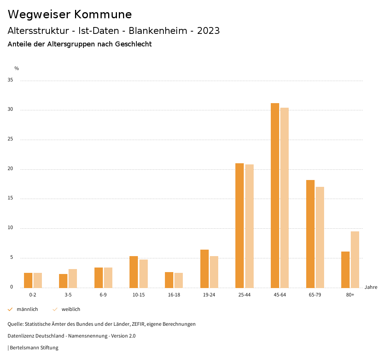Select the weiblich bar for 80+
click(x=355, y=260)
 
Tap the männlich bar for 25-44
click(x=240, y=225)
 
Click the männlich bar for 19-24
click(x=205, y=269)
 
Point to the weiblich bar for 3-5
click(x=73, y=279)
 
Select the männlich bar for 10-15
click(x=134, y=272)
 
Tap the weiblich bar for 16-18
click(x=179, y=280)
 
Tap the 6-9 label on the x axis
click(x=103, y=295)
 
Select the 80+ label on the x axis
click(x=350, y=295)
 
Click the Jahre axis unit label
click(x=371, y=287)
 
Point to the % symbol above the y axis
click(x=16, y=68)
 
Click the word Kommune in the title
click(x=103, y=14)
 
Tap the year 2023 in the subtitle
click(x=208, y=31)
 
